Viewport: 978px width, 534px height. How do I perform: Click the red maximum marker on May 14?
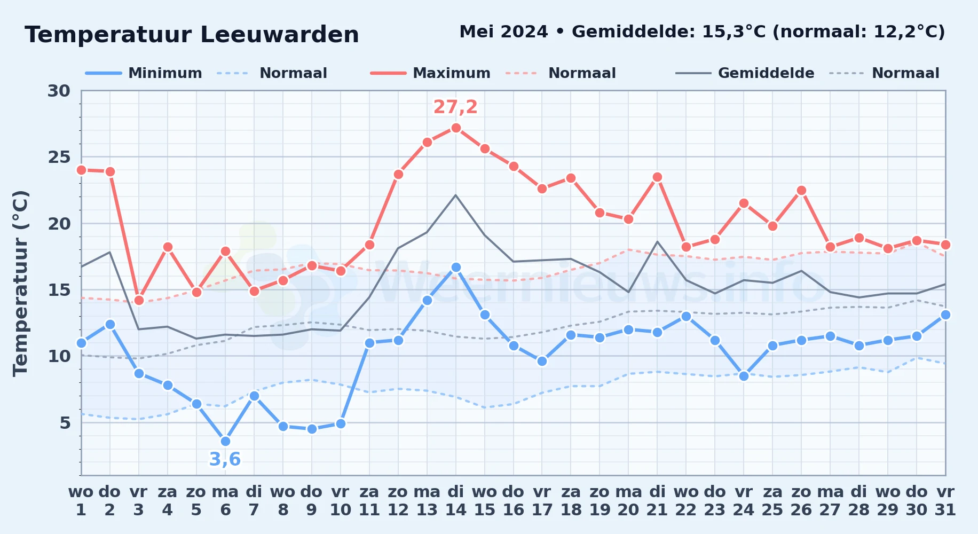click(x=455, y=128)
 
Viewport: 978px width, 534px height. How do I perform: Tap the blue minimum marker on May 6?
click(x=225, y=441)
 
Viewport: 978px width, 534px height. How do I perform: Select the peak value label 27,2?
click(x=455, y=107)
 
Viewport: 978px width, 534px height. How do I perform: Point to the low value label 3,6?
click(x=225, y=459)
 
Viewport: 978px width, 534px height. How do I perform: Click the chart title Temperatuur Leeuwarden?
click(x=192, y=35)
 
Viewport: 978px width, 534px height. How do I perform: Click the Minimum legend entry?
click(x=144, y=73)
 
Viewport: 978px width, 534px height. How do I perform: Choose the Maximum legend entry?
click(x=430, y=73)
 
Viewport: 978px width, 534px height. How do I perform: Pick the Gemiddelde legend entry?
click(x=745, y=73)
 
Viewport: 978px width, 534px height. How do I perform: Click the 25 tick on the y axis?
click(x=59, y=157)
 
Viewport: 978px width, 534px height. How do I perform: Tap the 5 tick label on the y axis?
click(x=65, y=422)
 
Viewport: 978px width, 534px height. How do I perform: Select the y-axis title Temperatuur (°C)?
click(x=20, y=283)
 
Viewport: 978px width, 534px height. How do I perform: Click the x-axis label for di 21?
click(x=657, y=501)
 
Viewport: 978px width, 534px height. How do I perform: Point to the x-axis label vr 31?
click(x=945, y=501)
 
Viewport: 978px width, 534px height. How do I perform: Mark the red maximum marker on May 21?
click(x=657, y=177)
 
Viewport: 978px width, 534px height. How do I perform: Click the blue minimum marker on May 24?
click(x=744, y=376)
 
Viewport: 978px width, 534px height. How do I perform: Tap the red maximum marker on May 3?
click(x=139, y=300)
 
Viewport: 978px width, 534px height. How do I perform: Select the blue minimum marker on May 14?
click(x=455, y=267)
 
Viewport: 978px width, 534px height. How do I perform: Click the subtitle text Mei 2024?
click(x=503, y=32)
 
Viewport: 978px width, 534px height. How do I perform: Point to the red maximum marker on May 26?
click(x=801, y=191)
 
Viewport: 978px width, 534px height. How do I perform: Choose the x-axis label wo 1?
click(x=81, y=501)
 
